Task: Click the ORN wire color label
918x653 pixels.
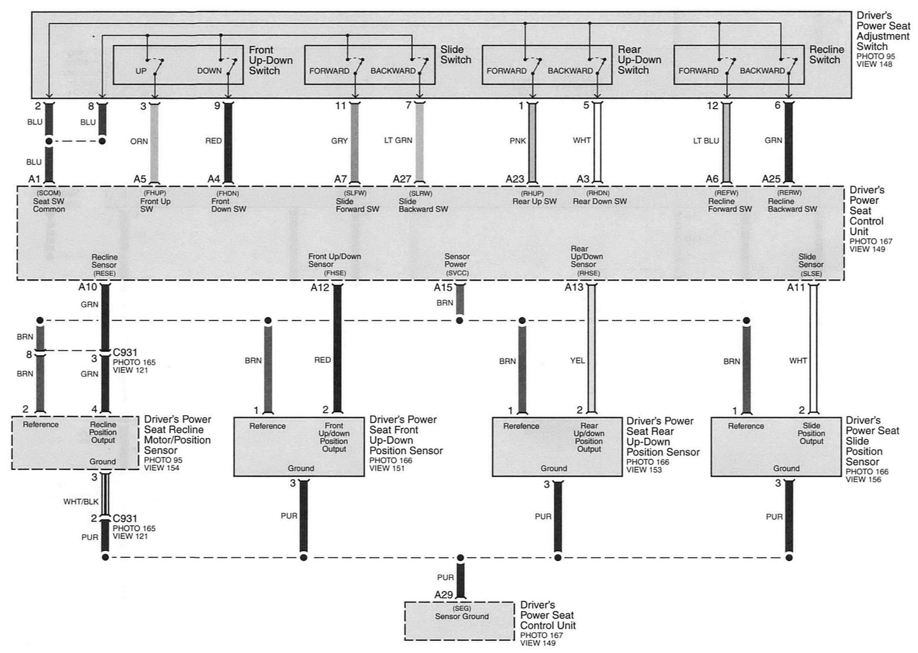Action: pos(139,141)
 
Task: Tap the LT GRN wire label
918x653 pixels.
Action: pos(398,141)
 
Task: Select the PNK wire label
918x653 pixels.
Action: pos(518,141)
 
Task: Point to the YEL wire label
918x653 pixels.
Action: pos(577,361)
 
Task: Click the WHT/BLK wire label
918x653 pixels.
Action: pos(81,501)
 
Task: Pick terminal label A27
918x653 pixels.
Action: pos(402,179)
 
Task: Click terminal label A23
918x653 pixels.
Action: pos(515,179)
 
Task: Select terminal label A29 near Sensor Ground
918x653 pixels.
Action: pos(444,595)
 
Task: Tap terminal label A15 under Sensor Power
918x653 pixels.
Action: pos(443,288)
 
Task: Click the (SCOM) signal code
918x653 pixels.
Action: pos(49,194)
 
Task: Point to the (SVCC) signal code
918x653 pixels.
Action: pos(457,273)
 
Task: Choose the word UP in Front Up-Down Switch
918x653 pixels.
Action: pos(141,71)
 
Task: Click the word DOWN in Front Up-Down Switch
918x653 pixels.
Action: pos(209,71)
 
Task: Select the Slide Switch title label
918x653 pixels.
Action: pos(456,55)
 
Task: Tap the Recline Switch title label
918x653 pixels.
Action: pos(826,55)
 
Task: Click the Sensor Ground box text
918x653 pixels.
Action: pos(461,616)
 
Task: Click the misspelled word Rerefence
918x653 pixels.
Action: pos(521,426)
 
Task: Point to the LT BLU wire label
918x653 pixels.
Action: pos(706,141)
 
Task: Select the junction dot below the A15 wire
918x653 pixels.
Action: pos(459,321)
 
